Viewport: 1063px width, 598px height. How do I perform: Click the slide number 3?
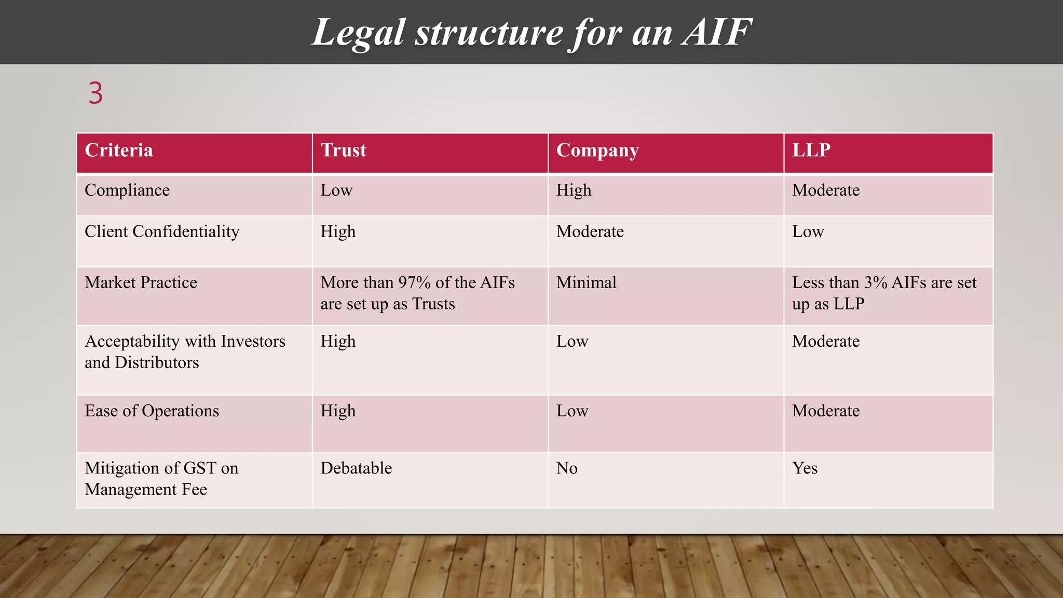tap(96, 93)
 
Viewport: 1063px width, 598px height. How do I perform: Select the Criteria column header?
tap(119, 150)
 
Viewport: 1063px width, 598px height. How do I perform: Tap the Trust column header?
tap(344, 150)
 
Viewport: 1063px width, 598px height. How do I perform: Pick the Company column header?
tap(597, 150)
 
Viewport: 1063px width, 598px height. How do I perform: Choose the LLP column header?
tap(811, 150)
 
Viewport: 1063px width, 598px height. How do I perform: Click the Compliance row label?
tap(127, 190)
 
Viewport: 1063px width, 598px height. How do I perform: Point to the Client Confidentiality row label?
tap(162, 231)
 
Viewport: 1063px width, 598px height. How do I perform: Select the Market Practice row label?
tap(141, 282)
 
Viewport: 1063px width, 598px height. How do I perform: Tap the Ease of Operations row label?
tap(152, 411)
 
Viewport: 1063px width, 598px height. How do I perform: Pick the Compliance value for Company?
tap(574, 190)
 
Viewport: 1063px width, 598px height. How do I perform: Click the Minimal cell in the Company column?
tap(587, 282)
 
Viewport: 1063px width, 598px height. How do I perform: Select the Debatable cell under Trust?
tap(356, 468)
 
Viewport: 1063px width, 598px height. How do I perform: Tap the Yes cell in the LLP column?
tap(805, 468)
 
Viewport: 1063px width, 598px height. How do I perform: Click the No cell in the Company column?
tap(567, 468)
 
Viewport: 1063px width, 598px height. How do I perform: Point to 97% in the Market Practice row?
tap(414, 282)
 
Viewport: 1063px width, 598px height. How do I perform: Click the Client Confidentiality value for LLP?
tap(808, 231)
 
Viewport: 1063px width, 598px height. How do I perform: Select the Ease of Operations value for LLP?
tap(826, 411)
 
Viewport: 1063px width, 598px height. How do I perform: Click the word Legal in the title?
tap(358, 32)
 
